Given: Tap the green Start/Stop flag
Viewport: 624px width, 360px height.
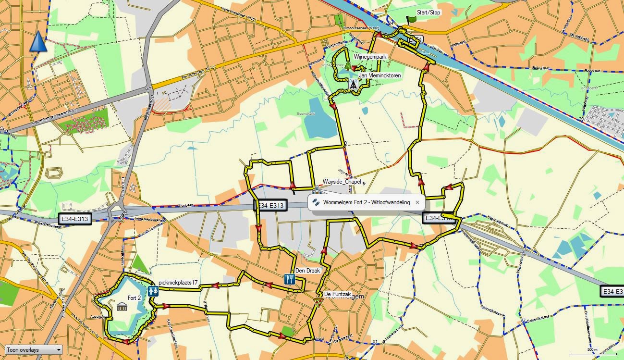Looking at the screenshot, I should pyautogui.click(x=411, y=20).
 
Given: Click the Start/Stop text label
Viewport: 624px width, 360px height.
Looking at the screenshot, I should pyautogui.click(x=428, y=12).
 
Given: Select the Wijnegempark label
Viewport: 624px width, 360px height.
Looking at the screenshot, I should pyautogui.click(x=370, y=57).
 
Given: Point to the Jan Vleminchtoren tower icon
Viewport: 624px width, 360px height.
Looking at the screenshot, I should pyautogui.click(x=353, y=85).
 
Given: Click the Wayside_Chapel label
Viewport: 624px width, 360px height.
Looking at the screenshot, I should pyautogui.click(x=342, y=182).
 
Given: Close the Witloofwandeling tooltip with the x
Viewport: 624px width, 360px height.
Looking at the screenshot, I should pyautogui.click(x=417, y=202).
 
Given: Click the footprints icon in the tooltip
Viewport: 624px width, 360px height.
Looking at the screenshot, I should pyautogui.click(x=316, y=202).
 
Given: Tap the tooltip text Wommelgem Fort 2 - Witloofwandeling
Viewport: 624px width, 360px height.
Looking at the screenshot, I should pyautogui.click(x=366, y=202).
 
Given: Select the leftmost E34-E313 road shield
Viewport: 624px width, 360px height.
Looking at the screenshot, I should pyautogui.click(x=74, y=219).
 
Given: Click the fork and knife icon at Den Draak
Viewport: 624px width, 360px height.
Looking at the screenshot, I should pyautogui.click(x=289, y=279).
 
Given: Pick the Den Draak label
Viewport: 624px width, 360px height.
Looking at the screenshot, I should pyautogui.click(x=307, y=271).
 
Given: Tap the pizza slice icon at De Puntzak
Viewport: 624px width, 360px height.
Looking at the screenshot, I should pyautogui.click(x=318, y=302).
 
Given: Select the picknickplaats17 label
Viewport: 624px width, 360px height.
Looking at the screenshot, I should pyautogui.click(x=178, y=283).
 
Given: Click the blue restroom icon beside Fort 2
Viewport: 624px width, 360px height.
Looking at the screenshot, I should pyautogui.click(x=154, y=291).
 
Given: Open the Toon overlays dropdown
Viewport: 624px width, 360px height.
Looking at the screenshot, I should pyautogui.click(x=33, y=350).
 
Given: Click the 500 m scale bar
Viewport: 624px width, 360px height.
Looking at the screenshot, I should pyautogui.click(x=592, y=352).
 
